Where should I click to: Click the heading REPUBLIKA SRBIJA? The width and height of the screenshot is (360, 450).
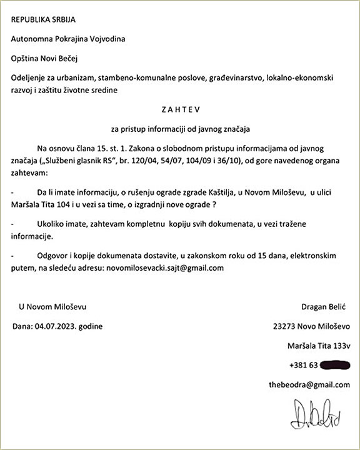tap(42, 19)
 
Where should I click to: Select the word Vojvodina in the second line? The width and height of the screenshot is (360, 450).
tap(107, 39)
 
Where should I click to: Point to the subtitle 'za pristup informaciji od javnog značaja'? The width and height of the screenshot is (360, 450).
tap(180, 129)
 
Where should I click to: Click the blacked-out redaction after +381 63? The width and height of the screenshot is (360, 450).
tap(336, 365)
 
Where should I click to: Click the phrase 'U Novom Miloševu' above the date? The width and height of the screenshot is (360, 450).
tap(52, 307)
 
